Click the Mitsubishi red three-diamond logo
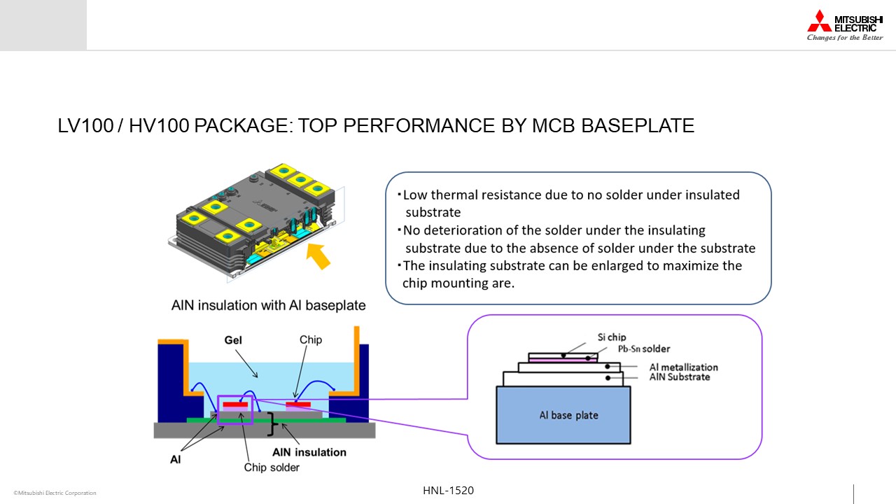(819, 21)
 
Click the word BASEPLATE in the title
(638, 125)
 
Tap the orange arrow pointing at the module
(318, 256)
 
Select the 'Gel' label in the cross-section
(233, 340)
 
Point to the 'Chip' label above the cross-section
(310, 339)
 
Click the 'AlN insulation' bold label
(309, 452)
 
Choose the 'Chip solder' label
(272, 468)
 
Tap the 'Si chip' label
(612, 337)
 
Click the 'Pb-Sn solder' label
(643, 349)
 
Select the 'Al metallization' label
(684, 367)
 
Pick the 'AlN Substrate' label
(680, 377)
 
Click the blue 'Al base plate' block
(563, 415)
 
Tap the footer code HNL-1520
(448, 491)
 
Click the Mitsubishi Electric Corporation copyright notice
(55, 493)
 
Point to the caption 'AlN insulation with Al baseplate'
(268, 305)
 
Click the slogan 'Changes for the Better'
(845, 38)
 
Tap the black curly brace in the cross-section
(272, 423)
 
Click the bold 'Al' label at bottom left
(175, 460)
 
